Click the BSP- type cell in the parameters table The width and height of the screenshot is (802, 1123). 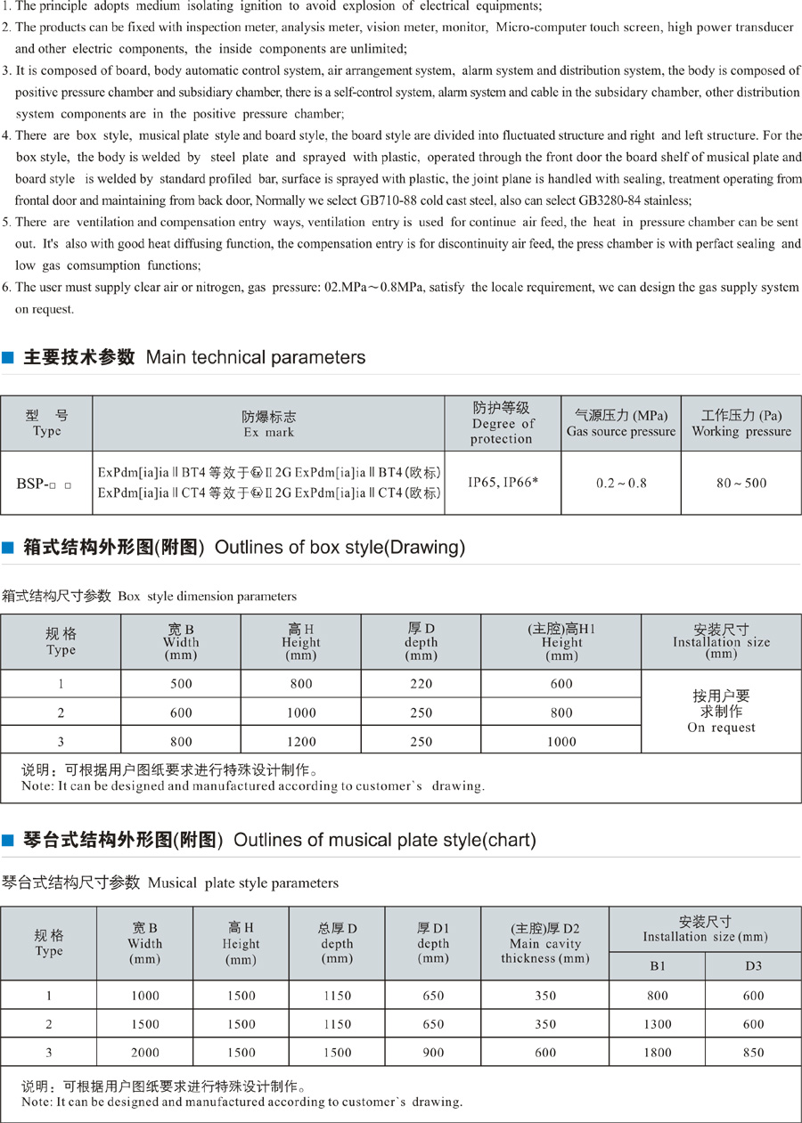point(45,484)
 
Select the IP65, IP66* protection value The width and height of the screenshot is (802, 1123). point(503,483)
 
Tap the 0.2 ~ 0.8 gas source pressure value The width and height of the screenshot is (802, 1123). point(621,483)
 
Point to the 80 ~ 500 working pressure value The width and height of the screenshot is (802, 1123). point(741,483)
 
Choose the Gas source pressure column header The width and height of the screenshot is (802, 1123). point(621,423)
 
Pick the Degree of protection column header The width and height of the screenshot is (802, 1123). point(503,423)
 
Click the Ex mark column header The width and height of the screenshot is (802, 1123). point(268,424)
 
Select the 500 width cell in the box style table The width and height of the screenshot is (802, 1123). point(181,684)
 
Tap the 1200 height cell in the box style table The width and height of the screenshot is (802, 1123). point(301,741)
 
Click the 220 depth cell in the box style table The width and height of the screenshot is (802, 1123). point(421,684)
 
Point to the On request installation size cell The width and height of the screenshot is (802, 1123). point(721,712)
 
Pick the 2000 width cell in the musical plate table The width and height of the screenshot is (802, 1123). point(144,1053)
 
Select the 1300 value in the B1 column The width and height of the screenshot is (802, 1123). point(657,1024)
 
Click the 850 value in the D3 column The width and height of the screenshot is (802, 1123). point(753,1053)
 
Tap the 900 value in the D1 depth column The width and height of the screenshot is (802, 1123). point(433,1053)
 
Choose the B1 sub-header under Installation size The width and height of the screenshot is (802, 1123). point(657,966)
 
